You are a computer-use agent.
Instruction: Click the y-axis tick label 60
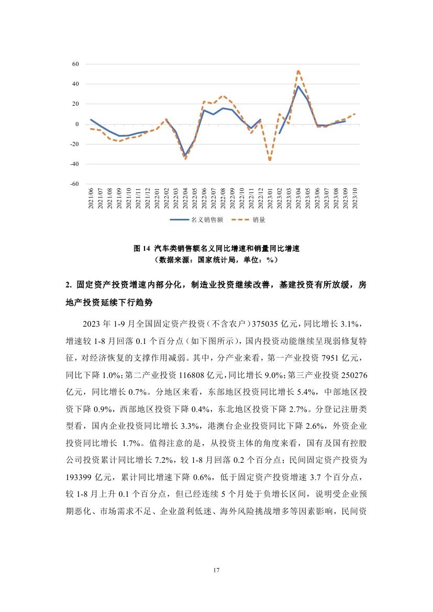click(x=75, y=64)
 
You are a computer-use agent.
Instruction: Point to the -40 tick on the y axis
click(x=74, y=164)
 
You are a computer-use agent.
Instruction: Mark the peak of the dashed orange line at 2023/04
click(x=298, y=71)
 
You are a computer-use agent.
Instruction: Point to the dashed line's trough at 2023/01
click(x=270, y=160)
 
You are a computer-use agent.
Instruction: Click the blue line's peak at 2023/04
click(x=298, y=86)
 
